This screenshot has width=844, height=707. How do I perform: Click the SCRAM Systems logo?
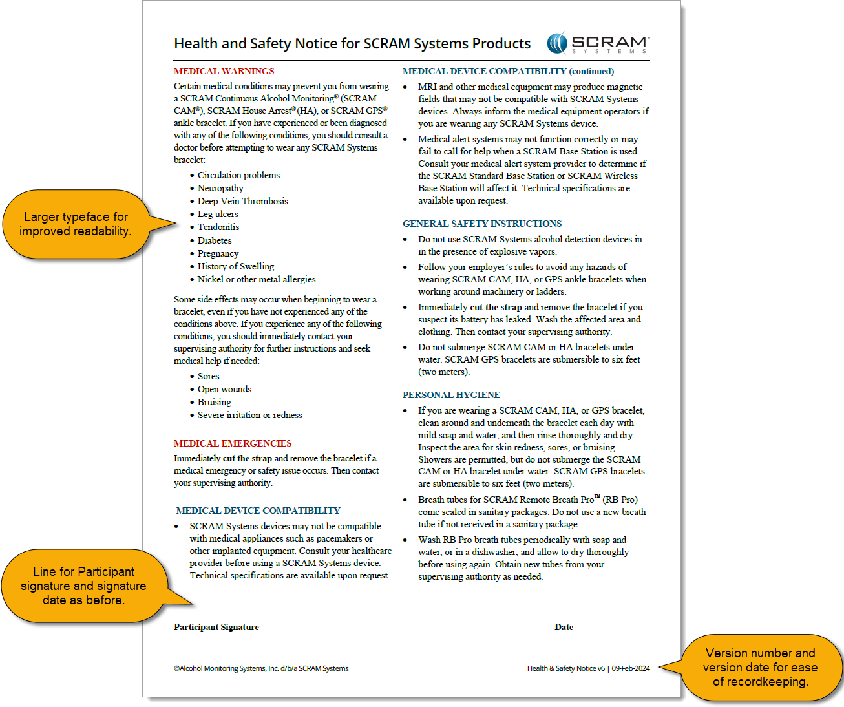(x=598, y=43)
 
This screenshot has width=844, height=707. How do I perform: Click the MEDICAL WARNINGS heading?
(x=224, y=71)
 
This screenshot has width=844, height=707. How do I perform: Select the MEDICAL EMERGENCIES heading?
(x=233, y=443)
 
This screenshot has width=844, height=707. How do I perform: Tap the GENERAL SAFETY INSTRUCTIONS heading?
(x=482, y=224)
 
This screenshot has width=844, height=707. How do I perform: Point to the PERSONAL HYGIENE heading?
(x=451, y=395)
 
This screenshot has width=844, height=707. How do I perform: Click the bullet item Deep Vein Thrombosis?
(x=242, y=201)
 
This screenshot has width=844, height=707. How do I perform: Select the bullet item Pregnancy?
(x=218, y=253)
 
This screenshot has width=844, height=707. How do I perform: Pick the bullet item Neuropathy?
(x=220, y=188)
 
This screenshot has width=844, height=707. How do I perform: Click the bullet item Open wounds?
(x=224, y=389)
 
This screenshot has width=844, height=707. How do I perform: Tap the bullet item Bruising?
(x=214, y=402)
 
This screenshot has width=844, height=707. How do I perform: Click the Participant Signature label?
(x=216, y=627)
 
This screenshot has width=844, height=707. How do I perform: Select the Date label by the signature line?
(x=564, y=627)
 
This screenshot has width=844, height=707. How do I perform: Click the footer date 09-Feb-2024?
(x=631, y=668)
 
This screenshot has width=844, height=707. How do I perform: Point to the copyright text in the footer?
(x=261, y=668)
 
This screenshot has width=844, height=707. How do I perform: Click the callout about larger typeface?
(x=75, y=224)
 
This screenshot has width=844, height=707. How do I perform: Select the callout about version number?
(x=760, y=667)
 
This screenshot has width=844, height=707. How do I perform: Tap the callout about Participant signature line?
(x=83, y=586)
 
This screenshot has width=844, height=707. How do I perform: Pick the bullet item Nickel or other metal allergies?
(x=257, y=279)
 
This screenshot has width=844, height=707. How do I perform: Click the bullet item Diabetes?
(x=215, y=240)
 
